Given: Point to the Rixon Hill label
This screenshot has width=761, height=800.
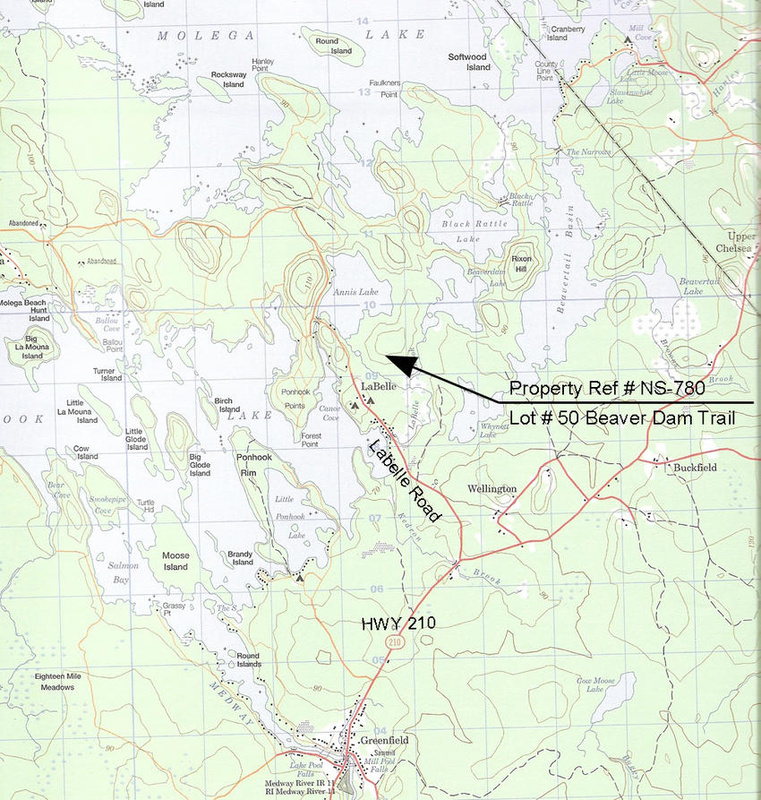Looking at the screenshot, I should click(521, 262).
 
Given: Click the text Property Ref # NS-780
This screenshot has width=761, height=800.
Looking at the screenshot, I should click(607, 389).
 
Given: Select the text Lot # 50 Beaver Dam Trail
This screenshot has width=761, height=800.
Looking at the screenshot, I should click(619, 417).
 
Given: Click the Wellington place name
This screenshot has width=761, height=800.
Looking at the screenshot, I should click(492, 489).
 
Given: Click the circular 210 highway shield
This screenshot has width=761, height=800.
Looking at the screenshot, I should click(395, 641).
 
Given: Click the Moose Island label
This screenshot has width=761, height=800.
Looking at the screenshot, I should click(175, 561).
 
